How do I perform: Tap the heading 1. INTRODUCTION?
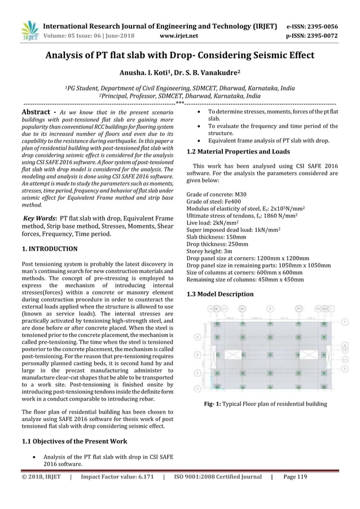(x=50, y=248)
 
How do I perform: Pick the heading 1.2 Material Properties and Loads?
(x=238, y=151)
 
